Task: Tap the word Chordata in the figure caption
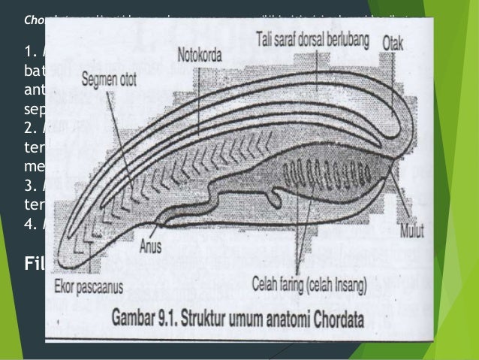(333, 317)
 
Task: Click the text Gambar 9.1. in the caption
(138, 317)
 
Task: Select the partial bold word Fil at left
(35, 264)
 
